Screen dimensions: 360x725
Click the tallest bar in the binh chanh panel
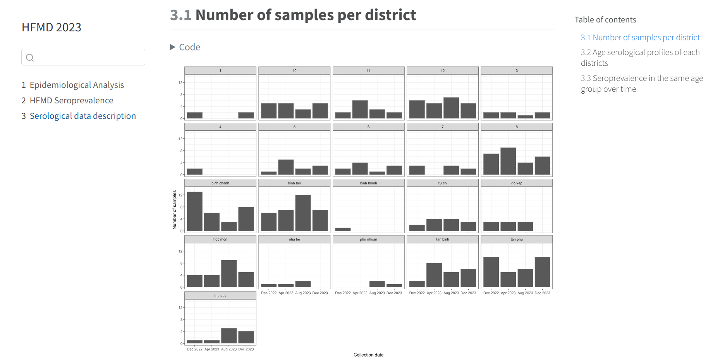[194, 211]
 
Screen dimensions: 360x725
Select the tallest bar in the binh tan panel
[303, 213]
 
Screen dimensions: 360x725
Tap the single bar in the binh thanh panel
[343, 229]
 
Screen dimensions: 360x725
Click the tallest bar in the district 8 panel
[508, 161]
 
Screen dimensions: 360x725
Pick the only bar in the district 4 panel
[194, 171]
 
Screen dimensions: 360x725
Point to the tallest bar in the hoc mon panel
[229, 273]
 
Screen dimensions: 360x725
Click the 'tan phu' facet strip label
[517, 239]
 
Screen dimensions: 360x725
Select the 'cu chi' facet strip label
[443, 183]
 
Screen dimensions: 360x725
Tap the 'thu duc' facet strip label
[220, 295]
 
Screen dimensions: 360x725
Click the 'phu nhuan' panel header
[368, 239]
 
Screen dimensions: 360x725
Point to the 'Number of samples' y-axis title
[174, 210]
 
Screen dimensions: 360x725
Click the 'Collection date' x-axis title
[368, 355]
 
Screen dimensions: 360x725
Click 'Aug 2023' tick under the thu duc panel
[229, 349]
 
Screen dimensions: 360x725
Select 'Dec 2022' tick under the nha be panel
[269, 293]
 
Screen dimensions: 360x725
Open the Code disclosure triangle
[173, 47]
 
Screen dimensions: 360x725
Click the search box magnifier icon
[30, 58]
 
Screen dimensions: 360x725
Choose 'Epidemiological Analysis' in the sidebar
[77, 85]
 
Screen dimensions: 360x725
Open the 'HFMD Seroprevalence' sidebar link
[71, 100]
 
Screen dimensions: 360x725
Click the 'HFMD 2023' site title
[52, 27]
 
